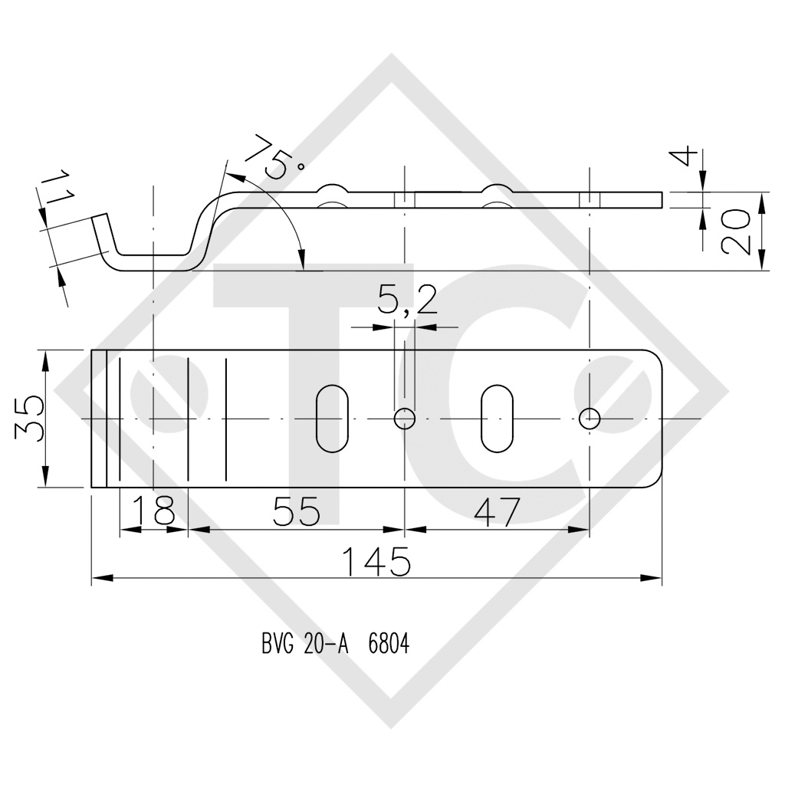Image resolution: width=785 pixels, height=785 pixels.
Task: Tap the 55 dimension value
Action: point(297,511)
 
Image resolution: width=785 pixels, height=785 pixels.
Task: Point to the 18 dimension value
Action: point(154,511)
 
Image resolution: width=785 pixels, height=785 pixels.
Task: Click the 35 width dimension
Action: point(29,418)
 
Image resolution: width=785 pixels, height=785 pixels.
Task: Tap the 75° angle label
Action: point(275,156)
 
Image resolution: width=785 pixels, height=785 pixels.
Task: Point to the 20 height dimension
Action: point(735,232)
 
